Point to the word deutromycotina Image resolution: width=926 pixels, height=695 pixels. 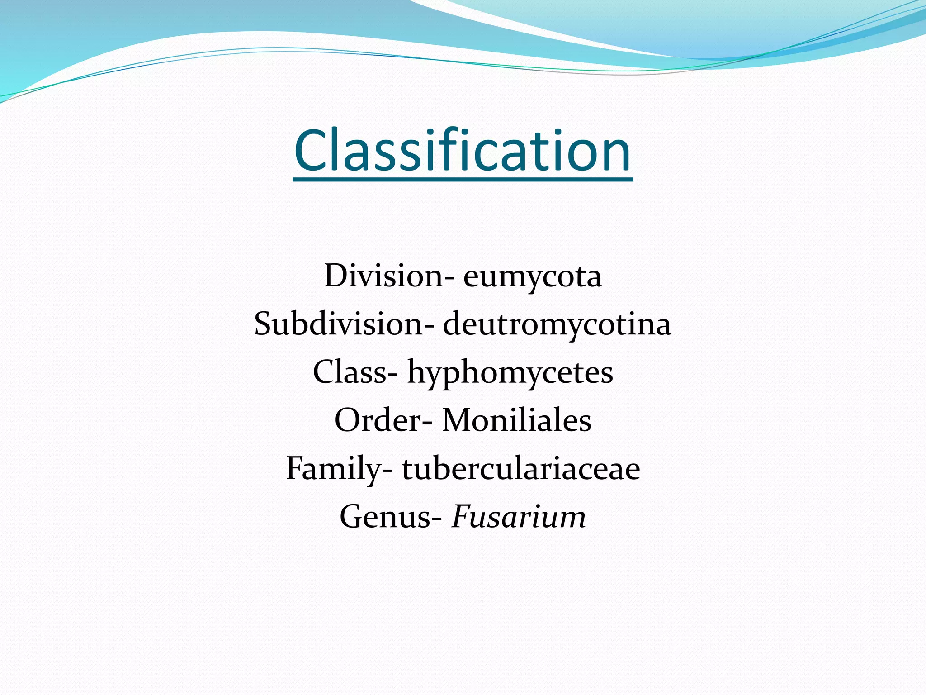(x=557, y=325)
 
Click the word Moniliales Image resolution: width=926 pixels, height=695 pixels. (x=516, y=420)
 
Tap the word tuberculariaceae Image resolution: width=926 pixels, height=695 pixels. (x=521, y=469)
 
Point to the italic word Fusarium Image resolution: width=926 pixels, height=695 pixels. (x=519, y=517)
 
